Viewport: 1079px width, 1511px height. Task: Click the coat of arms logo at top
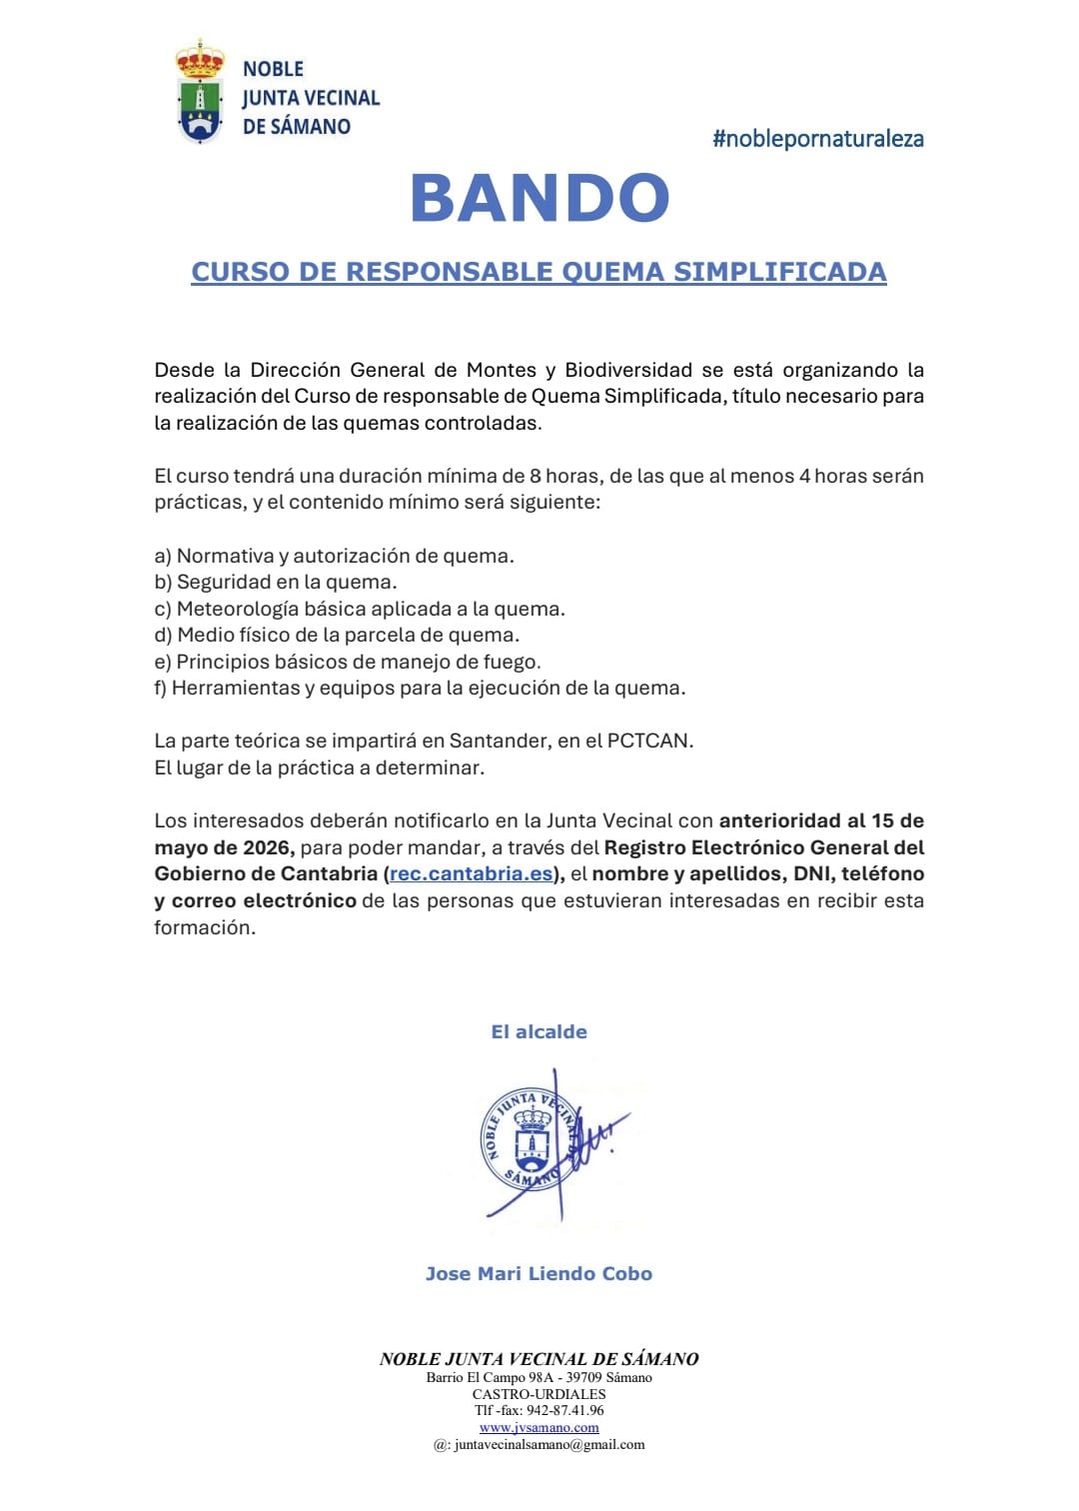200,92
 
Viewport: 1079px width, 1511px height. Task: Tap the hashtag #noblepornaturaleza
817,139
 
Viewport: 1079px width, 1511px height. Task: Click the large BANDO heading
539,198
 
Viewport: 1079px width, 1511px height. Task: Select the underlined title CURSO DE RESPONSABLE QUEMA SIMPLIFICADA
539,272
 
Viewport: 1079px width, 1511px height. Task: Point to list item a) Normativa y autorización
334,556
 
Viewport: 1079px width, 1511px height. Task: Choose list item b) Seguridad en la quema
276,582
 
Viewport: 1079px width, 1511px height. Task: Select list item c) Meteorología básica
360,609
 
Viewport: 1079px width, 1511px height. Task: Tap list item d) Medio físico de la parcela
337,635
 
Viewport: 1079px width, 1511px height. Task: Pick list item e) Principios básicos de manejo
347,662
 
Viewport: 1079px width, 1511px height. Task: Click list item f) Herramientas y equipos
420,688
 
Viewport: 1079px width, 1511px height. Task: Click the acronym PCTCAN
648,741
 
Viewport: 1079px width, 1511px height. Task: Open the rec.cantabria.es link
471,874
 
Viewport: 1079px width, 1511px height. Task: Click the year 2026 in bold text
267,847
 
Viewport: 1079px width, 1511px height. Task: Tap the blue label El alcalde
539,1032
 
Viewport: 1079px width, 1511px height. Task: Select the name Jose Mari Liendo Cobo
539,1274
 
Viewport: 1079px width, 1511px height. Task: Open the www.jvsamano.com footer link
539,1427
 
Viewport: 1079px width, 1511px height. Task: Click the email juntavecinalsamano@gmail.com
548,1444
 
